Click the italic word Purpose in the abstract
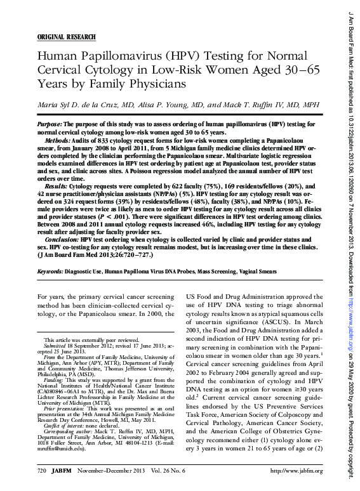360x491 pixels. (50, 124)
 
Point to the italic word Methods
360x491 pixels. (58, 138)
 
